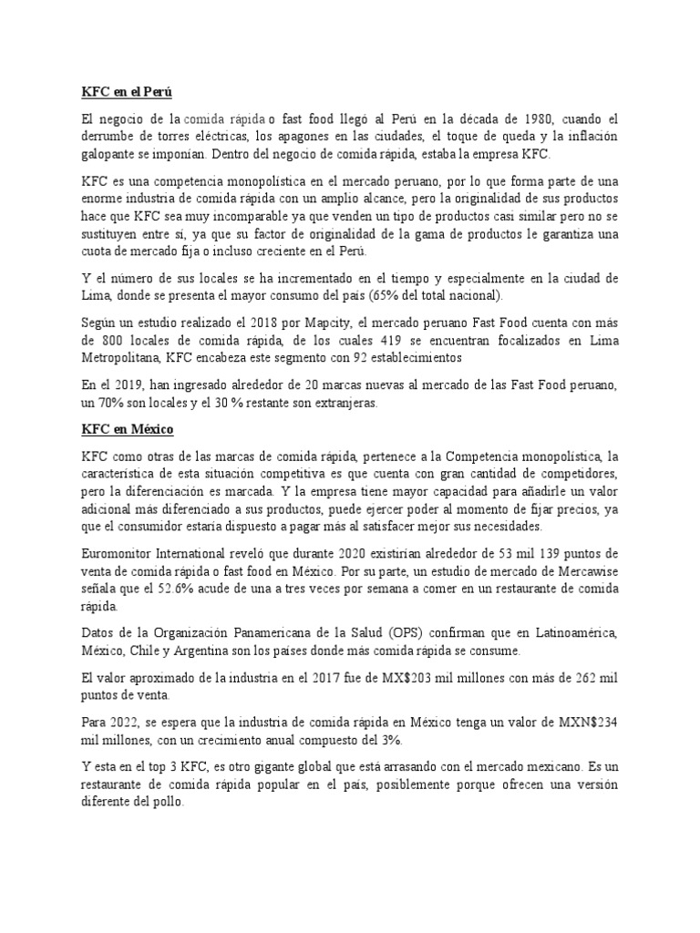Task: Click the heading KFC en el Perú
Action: pos(123,92)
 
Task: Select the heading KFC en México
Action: pos(127,427)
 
